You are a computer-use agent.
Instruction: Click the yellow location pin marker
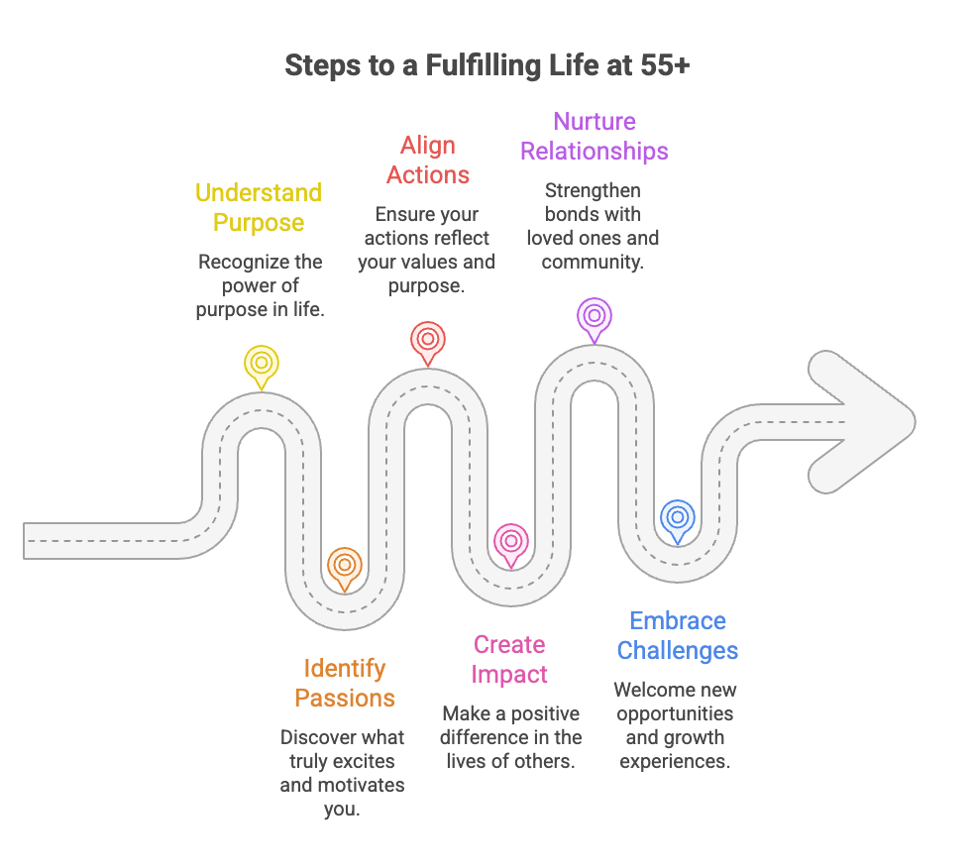coord(262,363)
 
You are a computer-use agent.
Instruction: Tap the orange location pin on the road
coord(344,566)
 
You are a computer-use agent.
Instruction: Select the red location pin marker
coord(428,340)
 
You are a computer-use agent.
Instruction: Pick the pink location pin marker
coord(511,542)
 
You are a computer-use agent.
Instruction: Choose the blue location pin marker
coord(678,518)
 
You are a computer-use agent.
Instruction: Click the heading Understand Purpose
coord(259,207)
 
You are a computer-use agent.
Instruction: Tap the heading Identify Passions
coord(345,683)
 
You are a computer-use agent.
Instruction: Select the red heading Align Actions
coord(428,160)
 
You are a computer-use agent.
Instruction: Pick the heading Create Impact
coord(509,659)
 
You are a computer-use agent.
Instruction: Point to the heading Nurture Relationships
coord(595,136)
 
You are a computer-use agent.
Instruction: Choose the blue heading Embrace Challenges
coord(678,635)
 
